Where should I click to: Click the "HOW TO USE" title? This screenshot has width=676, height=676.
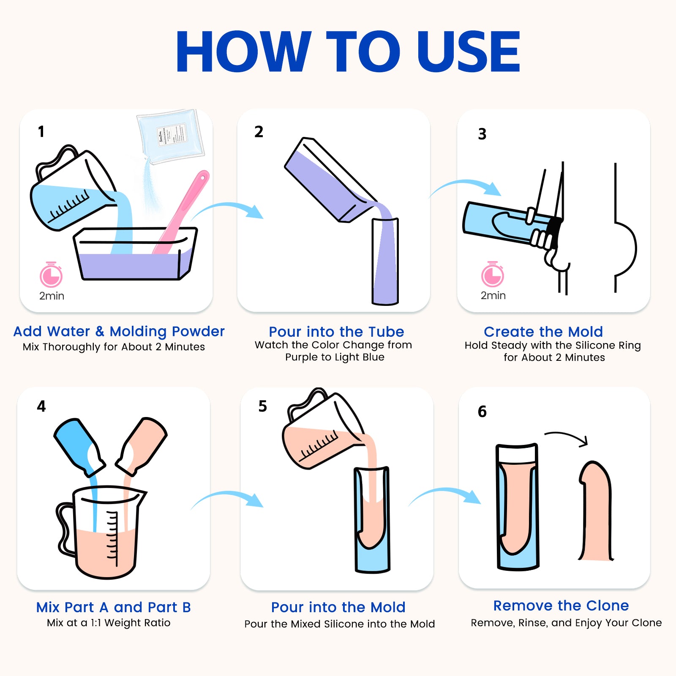point(348,52)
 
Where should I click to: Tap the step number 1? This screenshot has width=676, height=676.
point(41,131)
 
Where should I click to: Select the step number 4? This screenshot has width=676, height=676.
point(41,406)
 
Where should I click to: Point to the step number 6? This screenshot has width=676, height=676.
point(482,411)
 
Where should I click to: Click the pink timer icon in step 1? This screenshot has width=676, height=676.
point(51,275)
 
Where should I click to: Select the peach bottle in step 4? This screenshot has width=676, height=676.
point(142,445)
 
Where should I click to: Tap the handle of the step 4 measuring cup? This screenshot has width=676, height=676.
point(63,528)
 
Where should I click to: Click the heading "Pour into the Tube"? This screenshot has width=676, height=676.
point(336,332)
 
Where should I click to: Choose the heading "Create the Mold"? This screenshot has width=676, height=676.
point(543,332)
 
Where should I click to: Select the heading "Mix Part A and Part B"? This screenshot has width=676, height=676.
point(113,607)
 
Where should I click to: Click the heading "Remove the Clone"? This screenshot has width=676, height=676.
point(561,605)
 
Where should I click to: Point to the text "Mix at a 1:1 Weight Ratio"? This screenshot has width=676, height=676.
point(109,623)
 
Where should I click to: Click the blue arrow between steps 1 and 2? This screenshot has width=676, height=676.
point(227,207)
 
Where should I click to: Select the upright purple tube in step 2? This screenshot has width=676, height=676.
point(385,261)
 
